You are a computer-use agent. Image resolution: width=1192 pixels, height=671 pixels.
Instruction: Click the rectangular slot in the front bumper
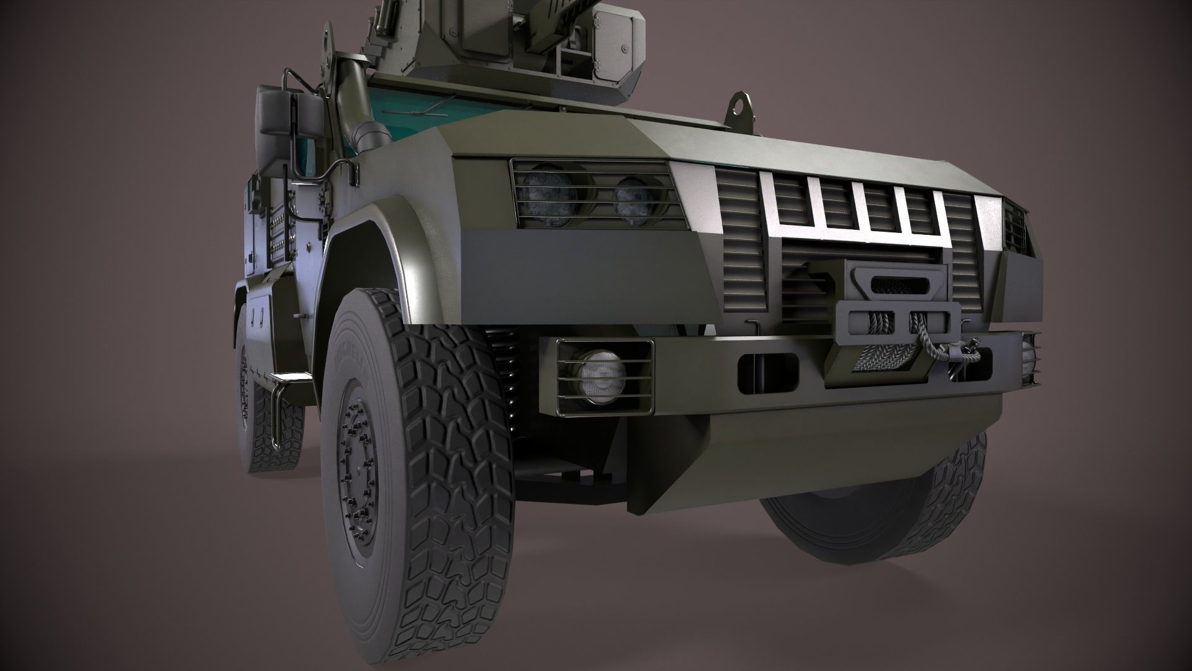[x=767, y=368]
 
